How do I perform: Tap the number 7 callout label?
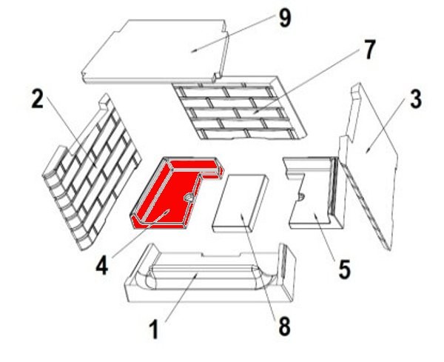368,50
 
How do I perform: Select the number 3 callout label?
415,98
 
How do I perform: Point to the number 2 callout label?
38,98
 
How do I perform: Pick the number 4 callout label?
102,266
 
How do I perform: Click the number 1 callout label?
154,329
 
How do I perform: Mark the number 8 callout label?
285,326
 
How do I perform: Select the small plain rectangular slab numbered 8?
240,203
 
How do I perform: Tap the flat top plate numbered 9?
155,52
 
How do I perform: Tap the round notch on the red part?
189,197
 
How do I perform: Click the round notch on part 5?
302,196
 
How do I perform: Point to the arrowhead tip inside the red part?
169,210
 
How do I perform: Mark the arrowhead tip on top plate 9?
191,52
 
